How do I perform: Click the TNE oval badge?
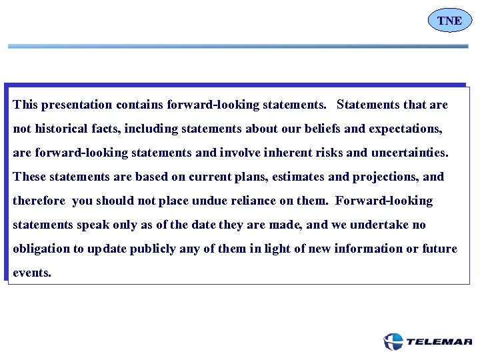pyautogui.click(x=449, y=21)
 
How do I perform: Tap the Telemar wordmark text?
pyautogui.click(x=439, y=342)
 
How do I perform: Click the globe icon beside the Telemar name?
pyautogui.click(x=393, y=342)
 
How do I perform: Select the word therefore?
pyautogui.click(x=39, y=201)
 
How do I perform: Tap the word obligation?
pyautogui.click(x=41, y=249)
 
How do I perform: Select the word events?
pyautogui.click(x=31, y=273)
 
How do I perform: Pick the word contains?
pyautogui.click(x=139, y=105)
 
